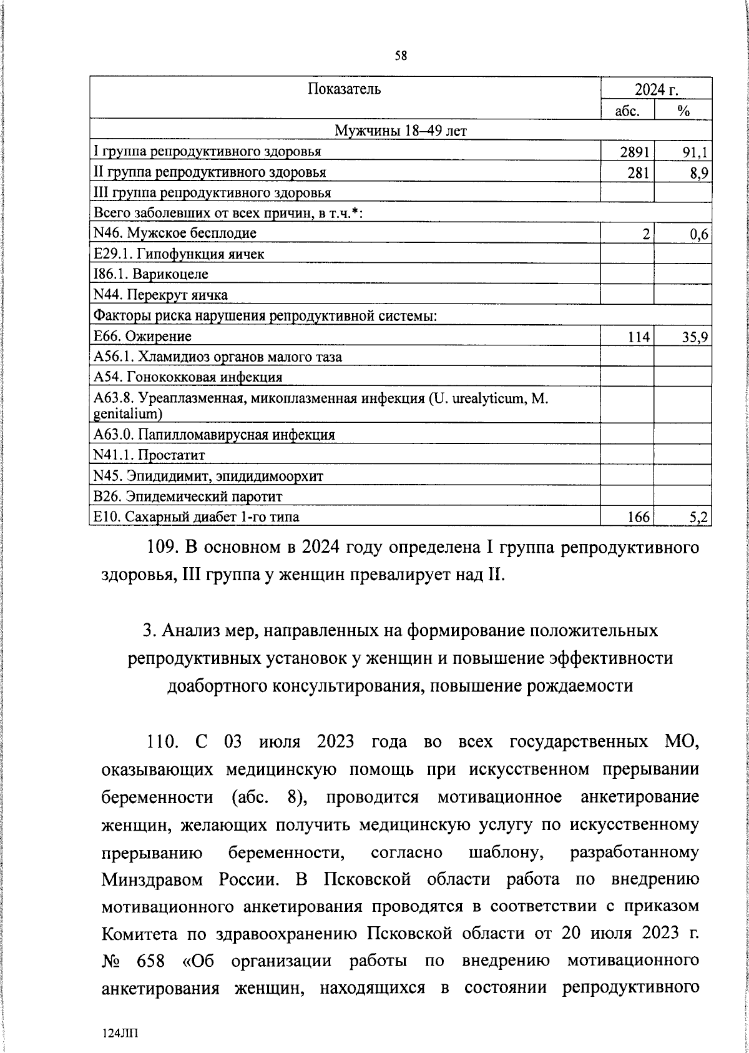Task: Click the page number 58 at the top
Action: [401, 56]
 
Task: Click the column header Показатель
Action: [344, 89]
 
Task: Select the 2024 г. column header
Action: [656, 90]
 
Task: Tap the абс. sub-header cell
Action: [627, 111]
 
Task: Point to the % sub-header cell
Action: [683, 111]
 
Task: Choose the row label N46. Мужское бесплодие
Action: [174, 234]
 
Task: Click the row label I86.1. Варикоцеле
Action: [150, 274]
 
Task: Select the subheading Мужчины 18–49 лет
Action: [401, 131]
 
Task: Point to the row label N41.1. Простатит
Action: [149, 455]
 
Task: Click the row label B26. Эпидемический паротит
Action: [187, 497]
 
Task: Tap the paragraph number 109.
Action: [164, 548]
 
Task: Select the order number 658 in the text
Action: [150, 961]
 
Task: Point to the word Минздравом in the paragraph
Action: [154, 879]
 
